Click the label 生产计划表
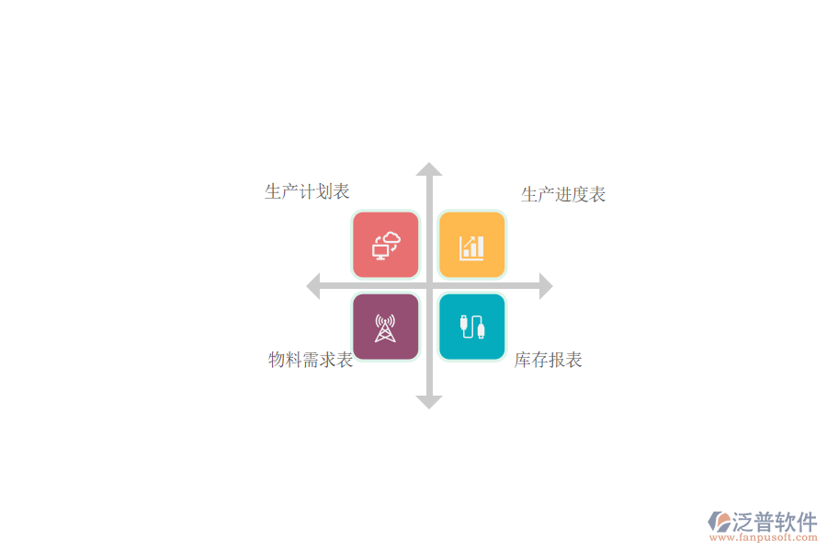[x=307, y=191]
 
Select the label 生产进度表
[x=563, y=194]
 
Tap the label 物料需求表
[x=311, y=360]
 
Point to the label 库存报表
[x=549, y=360]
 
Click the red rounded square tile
[x=386, y=245]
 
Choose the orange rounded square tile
[x=472, y=245]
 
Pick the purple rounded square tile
[x=386, y=327]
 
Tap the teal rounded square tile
[x=472, y=327]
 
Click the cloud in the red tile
[x=391, y=238]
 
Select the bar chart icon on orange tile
[x=471, y=247]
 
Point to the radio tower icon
[x=385, y=328]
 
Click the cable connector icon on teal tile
[x=472, y=327]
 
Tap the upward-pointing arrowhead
[x=429, y=169]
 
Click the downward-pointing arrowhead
[x=429, y=403]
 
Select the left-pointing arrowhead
[x=312, y=286]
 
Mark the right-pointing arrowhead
[x=547, y=286]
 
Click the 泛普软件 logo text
[x=775, y=522]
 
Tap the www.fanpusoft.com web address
[x=764, y=537]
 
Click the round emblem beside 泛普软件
[x=719, y=522]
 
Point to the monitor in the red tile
[x=380, y=251]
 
